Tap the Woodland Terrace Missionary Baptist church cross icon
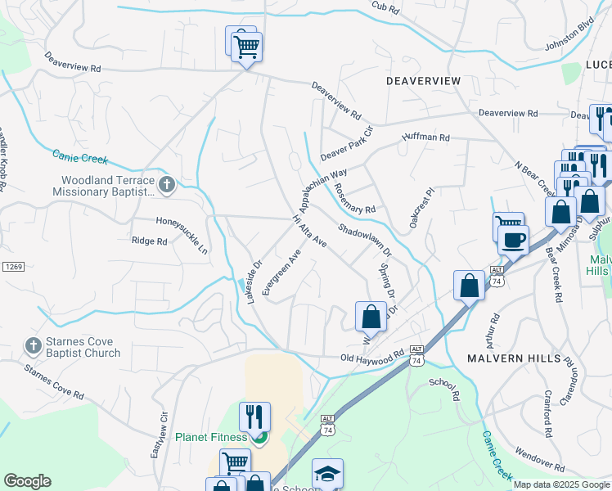(x=166, y=185)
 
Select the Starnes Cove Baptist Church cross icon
(x=33, y=347)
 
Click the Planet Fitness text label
(x=211, y=437)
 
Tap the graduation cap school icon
(x=327, y=474)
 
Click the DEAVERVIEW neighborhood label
(x=424, y=82)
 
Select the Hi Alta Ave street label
(x=310, y=232)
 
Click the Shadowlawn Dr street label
(x=365, y=241)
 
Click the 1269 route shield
(x=13, y=268)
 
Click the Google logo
(x=27, y=481)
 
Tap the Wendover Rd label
(x=539, y=458)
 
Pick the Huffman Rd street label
(x=425, y=138)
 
